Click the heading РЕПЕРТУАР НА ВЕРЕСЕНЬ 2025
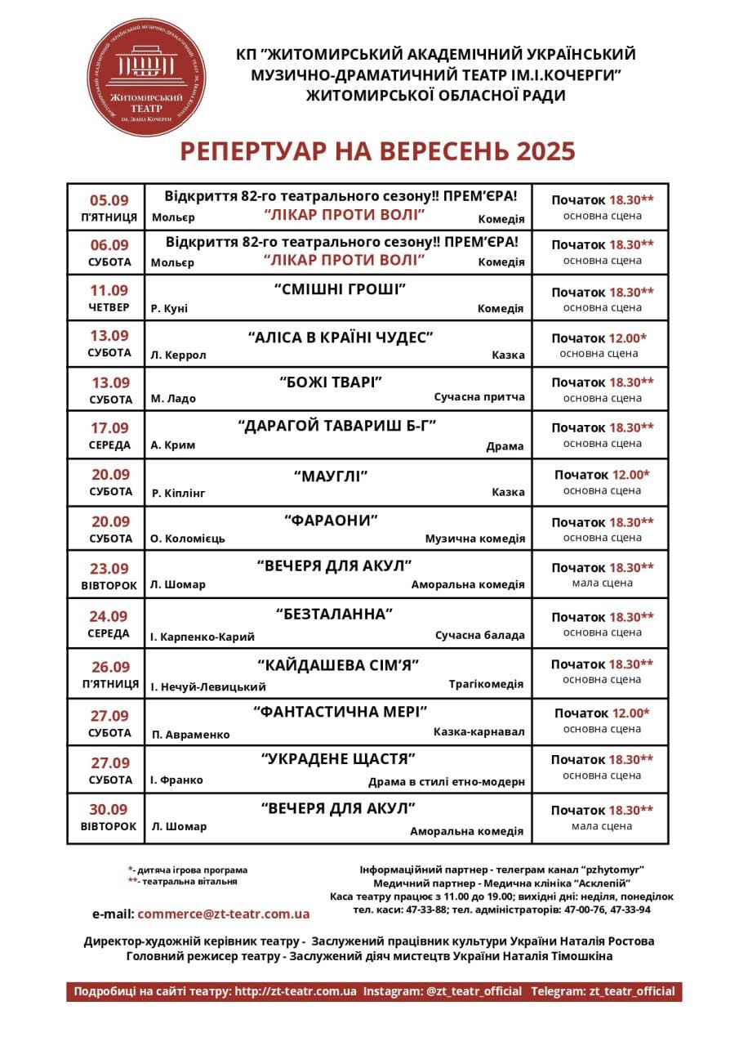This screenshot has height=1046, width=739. coord(377,151)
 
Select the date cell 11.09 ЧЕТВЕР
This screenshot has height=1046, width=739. coord(109,298)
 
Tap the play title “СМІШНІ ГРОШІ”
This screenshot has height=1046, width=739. coord(340,290)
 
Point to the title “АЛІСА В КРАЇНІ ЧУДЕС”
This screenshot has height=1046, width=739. coord(340,337)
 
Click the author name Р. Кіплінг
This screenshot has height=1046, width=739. coord(178,493)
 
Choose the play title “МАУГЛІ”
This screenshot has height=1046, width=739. coord(331,476)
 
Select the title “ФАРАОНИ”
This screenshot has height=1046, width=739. coord(332,521)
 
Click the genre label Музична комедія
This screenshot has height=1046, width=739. coord(474,539)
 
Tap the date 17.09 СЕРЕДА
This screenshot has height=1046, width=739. coord(109,436)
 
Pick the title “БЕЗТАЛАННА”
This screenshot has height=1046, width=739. coord(335,614)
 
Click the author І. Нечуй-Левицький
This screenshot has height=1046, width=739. coord(208,686)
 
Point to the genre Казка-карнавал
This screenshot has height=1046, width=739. coord(479,731)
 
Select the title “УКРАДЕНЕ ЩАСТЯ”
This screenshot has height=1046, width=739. coord(338,758)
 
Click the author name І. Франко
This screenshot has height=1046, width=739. coord(176,780)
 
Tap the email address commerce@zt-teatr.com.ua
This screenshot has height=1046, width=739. coord(223,914)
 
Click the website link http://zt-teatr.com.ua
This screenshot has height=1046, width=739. coord(296,991)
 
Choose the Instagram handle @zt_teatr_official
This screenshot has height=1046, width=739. coord(474,991)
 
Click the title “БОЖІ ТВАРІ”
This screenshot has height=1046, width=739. coord(331,382)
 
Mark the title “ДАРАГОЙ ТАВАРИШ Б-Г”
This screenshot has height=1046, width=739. coord(337,427)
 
